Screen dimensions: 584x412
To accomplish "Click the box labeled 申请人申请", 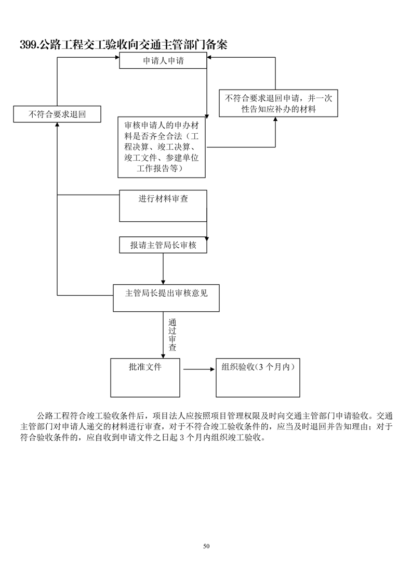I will click(x=164, y=60).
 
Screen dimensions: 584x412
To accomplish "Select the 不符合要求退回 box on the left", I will click(x=57, y=114).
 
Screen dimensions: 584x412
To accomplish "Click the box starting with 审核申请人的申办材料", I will click(x=162, y=147).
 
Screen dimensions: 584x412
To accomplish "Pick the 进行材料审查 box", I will click(x=163, y=206).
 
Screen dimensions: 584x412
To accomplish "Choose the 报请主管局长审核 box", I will click(x=163, y=245).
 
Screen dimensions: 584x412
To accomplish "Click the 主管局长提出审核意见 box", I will click(x=166, y=298).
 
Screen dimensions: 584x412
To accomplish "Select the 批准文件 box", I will click(x=145, y=377).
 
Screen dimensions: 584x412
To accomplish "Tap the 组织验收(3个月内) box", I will click(x=258, y=377).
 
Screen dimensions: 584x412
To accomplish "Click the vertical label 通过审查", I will click(x=172, y=335).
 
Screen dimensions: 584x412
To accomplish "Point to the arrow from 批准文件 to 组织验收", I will click(x=198, y=370).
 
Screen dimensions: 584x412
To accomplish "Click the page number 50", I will click(x=206, y=546).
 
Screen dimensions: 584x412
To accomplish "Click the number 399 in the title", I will click(x=28, y=45).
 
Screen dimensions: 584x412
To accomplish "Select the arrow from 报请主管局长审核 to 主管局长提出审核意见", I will click(x=163, y=269).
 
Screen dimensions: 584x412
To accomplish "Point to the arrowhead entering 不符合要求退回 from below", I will click(x=57, y=125).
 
